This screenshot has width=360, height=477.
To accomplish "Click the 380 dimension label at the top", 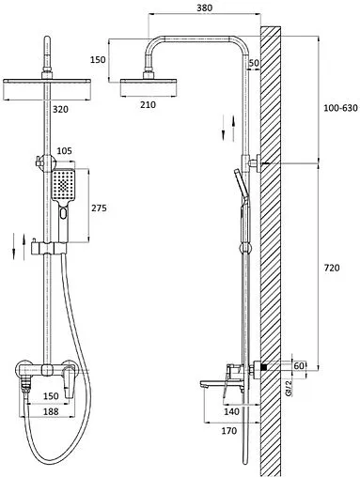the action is click(x=204, y=8).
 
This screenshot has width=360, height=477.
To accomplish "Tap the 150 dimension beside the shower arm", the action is click(x=98, y=59).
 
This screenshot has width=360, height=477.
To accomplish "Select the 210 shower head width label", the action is click(x=148, y=104).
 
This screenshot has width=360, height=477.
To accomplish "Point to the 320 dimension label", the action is click(x=60, y=110).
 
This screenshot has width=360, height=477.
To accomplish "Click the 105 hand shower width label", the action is click(x=64, y=151).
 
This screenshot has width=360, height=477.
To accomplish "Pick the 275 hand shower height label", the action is click(x=99, y=208).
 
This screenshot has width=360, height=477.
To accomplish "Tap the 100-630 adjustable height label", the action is click(x=340, y=108).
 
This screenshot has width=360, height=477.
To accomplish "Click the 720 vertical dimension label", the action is click(x=332, y=268).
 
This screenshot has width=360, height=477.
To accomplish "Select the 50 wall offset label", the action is click(x=254, y=63).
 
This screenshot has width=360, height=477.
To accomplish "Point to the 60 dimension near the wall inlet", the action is click(x=299, y=365).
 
